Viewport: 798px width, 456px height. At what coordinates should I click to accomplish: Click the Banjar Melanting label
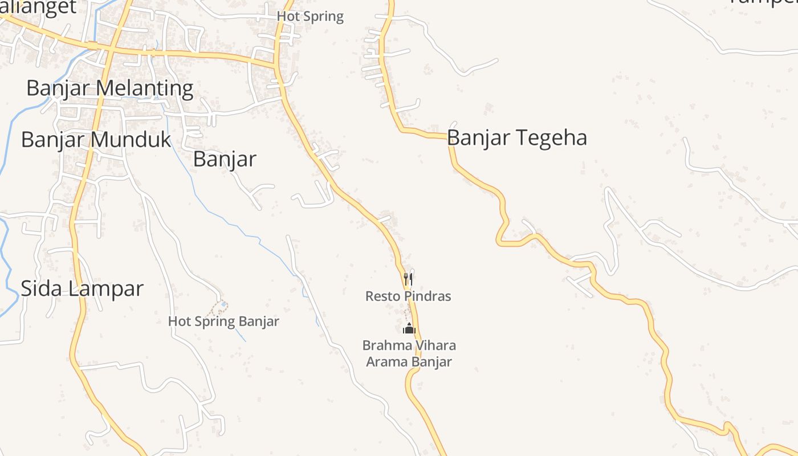coord(110,88)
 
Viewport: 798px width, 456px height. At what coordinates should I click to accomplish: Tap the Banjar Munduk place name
coord(96,140)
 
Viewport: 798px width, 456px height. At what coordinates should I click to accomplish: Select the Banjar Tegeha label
coord(517,138)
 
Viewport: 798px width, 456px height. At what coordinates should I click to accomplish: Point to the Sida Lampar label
coord(82,288)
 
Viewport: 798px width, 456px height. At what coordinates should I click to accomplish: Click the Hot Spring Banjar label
coord(223,321)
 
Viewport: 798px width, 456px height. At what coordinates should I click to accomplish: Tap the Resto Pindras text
coord(408,296)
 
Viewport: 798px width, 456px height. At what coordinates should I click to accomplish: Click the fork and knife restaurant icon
coord(408,279)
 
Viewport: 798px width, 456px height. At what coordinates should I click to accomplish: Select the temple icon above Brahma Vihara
coord(409,328)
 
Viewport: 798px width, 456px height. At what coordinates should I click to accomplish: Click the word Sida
coord(39,288)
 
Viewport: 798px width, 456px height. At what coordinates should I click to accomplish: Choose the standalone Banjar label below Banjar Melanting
coord(225,159)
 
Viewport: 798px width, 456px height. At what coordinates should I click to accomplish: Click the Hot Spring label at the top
coord(310,17)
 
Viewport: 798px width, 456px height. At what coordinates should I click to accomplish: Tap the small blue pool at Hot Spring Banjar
coord(223,304)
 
